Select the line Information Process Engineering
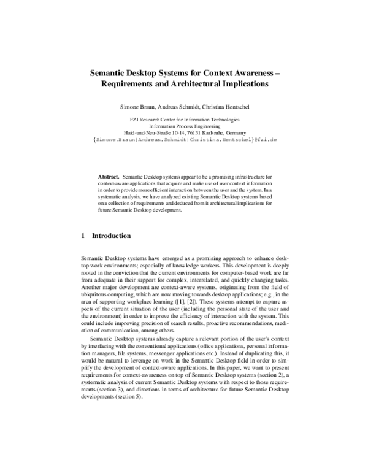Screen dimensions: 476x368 tap(184, 126)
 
